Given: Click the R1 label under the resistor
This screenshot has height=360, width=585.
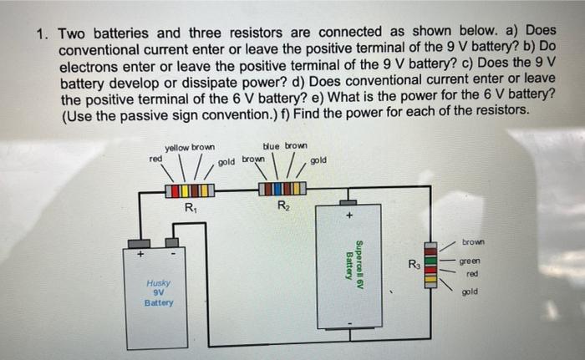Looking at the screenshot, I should (x=191, y=208).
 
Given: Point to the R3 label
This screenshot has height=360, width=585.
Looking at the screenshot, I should (x=414, y=265).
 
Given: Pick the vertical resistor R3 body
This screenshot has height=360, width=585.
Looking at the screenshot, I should (x=431, y=263).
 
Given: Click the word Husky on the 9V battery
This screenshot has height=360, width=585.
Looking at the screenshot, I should (x=158, y=283).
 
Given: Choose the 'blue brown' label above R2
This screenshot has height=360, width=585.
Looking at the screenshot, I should (x=284, y=145).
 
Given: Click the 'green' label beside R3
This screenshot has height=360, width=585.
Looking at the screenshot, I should (x=471, y=261).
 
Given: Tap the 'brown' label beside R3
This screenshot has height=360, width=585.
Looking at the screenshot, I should (x=472, y=241).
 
